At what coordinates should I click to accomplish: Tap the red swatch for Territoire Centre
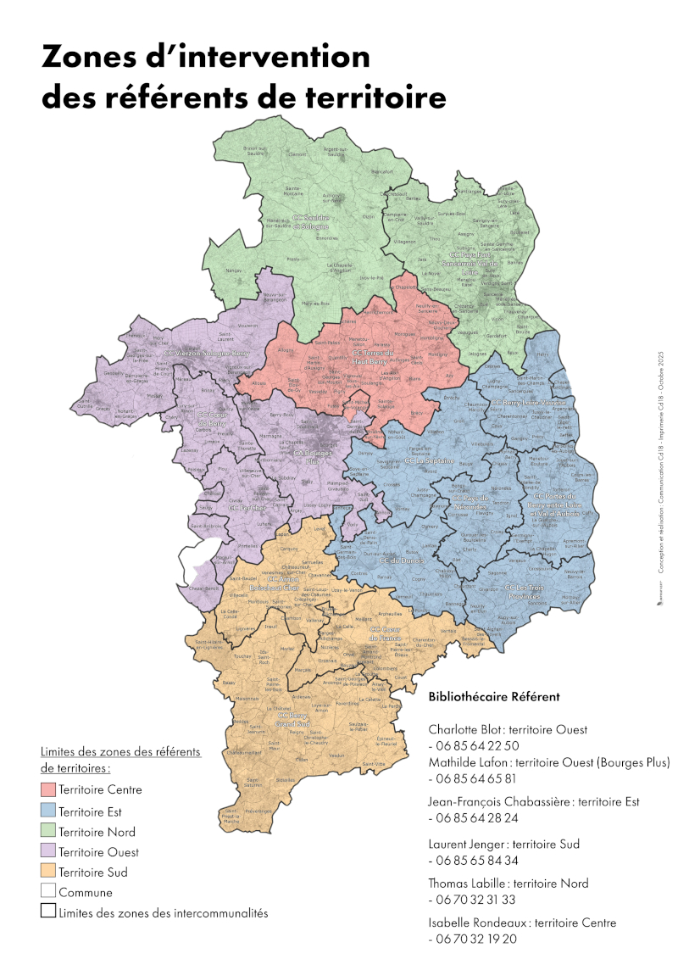click(x=47, y=789)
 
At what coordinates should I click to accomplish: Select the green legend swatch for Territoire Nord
click(x=47, y=832)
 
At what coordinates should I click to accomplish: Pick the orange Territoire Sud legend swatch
click(x=47, y=872)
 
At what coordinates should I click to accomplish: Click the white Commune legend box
click(x=47, y=892)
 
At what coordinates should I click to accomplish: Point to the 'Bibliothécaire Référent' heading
click(x=494, y=697)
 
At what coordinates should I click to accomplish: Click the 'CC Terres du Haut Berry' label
click(x=373, y=358)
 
